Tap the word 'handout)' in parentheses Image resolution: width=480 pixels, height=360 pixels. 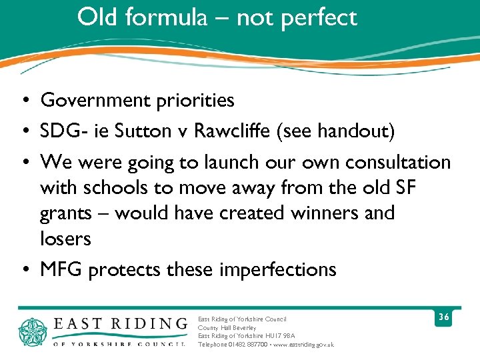click(x=359, y=131)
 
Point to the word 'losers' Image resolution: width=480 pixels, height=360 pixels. click(x=65, y=239)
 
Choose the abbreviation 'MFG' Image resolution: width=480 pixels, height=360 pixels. click(x=61, y=269)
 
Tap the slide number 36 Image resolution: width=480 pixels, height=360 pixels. click(x=443, y=318)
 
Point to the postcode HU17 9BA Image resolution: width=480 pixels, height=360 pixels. click(x=281, y=336)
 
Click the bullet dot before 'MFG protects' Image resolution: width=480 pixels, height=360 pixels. click(x=23, y=270)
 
